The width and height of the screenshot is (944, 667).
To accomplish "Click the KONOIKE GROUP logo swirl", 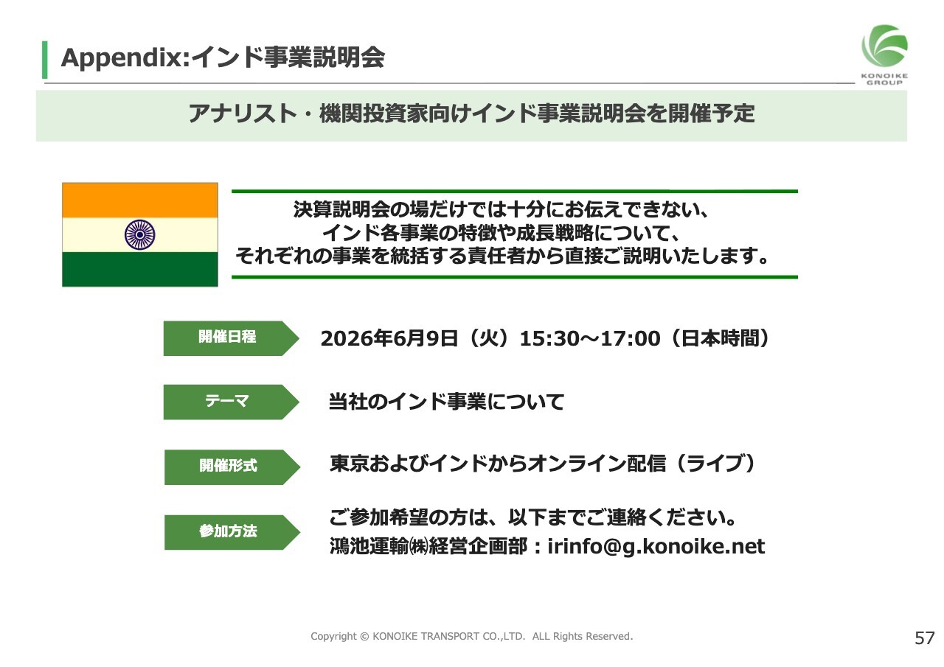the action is [884, 46].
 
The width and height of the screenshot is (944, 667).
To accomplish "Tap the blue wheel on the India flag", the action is [140, 235].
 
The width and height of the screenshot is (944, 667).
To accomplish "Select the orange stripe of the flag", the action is [140, 200].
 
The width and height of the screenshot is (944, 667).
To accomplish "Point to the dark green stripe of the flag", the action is [140, 270].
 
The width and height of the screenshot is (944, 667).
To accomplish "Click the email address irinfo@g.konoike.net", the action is [656, 547].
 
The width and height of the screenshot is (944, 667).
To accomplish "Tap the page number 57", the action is [925, 638].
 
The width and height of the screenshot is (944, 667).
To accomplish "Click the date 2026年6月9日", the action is [389, 339].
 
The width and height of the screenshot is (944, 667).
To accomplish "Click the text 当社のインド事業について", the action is [446, 402].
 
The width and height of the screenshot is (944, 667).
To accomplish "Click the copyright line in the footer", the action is [471, 636].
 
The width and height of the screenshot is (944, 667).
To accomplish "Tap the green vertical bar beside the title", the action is [45, 60].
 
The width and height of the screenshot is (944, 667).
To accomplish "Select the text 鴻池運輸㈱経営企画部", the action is [428, 547].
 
